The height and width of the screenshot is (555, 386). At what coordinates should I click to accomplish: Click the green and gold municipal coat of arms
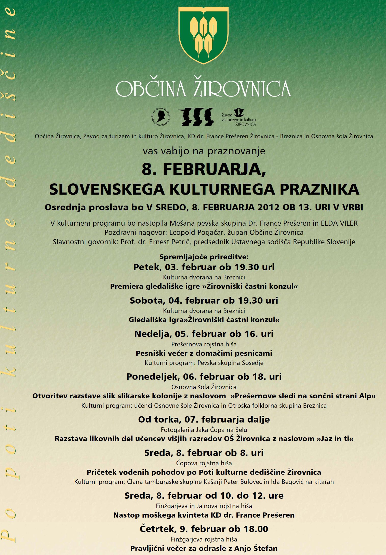[x=203, y=35]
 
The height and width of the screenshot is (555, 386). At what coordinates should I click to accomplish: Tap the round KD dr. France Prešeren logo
[x=161, y=117]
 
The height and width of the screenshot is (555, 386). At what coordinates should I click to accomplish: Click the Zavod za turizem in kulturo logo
[x=238, y=117]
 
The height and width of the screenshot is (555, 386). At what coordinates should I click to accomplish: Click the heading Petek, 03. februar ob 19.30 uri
[x=204, y=267]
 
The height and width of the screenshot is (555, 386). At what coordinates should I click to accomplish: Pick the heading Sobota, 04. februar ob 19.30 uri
[x=204, y=301]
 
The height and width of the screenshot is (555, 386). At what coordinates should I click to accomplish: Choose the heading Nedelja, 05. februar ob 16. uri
[x=204, y=334]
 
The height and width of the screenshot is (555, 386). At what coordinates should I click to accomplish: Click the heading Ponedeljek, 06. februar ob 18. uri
[x=204, y=377]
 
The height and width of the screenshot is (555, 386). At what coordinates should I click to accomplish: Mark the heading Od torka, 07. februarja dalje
[x=204, y=419]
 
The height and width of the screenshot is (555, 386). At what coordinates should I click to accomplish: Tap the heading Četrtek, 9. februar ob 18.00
[x=204, y=529]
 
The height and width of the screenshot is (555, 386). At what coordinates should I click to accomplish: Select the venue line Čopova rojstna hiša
[x=204, y=463]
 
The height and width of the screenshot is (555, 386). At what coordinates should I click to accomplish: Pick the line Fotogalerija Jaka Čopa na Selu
[x=204, y=430]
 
